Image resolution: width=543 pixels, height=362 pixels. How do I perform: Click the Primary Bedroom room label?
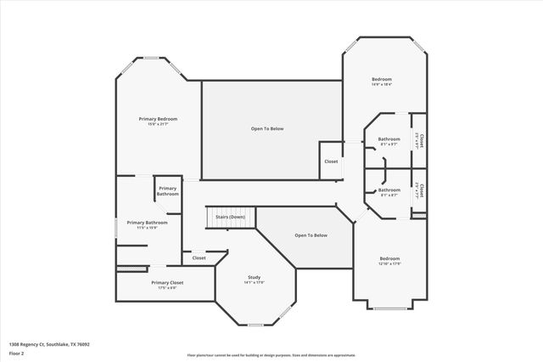pos(159,118)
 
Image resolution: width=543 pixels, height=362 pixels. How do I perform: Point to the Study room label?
pos(255,276)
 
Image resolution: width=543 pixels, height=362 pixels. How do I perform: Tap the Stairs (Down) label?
pos(230,217)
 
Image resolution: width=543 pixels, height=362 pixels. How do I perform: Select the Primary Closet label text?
pos(167,282)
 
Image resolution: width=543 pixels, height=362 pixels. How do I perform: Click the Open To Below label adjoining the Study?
pos(311,235)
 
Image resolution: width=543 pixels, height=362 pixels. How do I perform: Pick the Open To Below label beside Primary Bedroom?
pos(267,128)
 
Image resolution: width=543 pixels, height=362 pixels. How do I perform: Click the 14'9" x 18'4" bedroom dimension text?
pos(381,84)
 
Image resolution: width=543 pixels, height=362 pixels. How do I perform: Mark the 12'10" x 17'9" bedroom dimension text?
pos(389,263)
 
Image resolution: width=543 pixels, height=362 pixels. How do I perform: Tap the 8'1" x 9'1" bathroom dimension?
pos(389,144)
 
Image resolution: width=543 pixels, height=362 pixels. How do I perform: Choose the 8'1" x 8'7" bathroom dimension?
pos(389,195)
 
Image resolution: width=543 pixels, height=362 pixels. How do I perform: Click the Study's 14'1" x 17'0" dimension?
pos(255,282)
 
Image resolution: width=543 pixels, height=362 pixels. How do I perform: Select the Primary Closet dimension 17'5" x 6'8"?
pos(167,288)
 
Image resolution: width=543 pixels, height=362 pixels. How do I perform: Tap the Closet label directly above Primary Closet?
pos(199,257)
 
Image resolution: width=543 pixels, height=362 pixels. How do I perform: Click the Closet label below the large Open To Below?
pos(331,161)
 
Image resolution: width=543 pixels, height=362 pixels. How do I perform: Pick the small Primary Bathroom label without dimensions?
pos(167,191)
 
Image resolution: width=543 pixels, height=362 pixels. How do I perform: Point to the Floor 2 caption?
pos(15,351)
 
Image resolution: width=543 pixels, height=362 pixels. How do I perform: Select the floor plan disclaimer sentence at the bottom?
pos(271,354)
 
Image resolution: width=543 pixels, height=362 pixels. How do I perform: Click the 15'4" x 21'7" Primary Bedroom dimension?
pos(159,124)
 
